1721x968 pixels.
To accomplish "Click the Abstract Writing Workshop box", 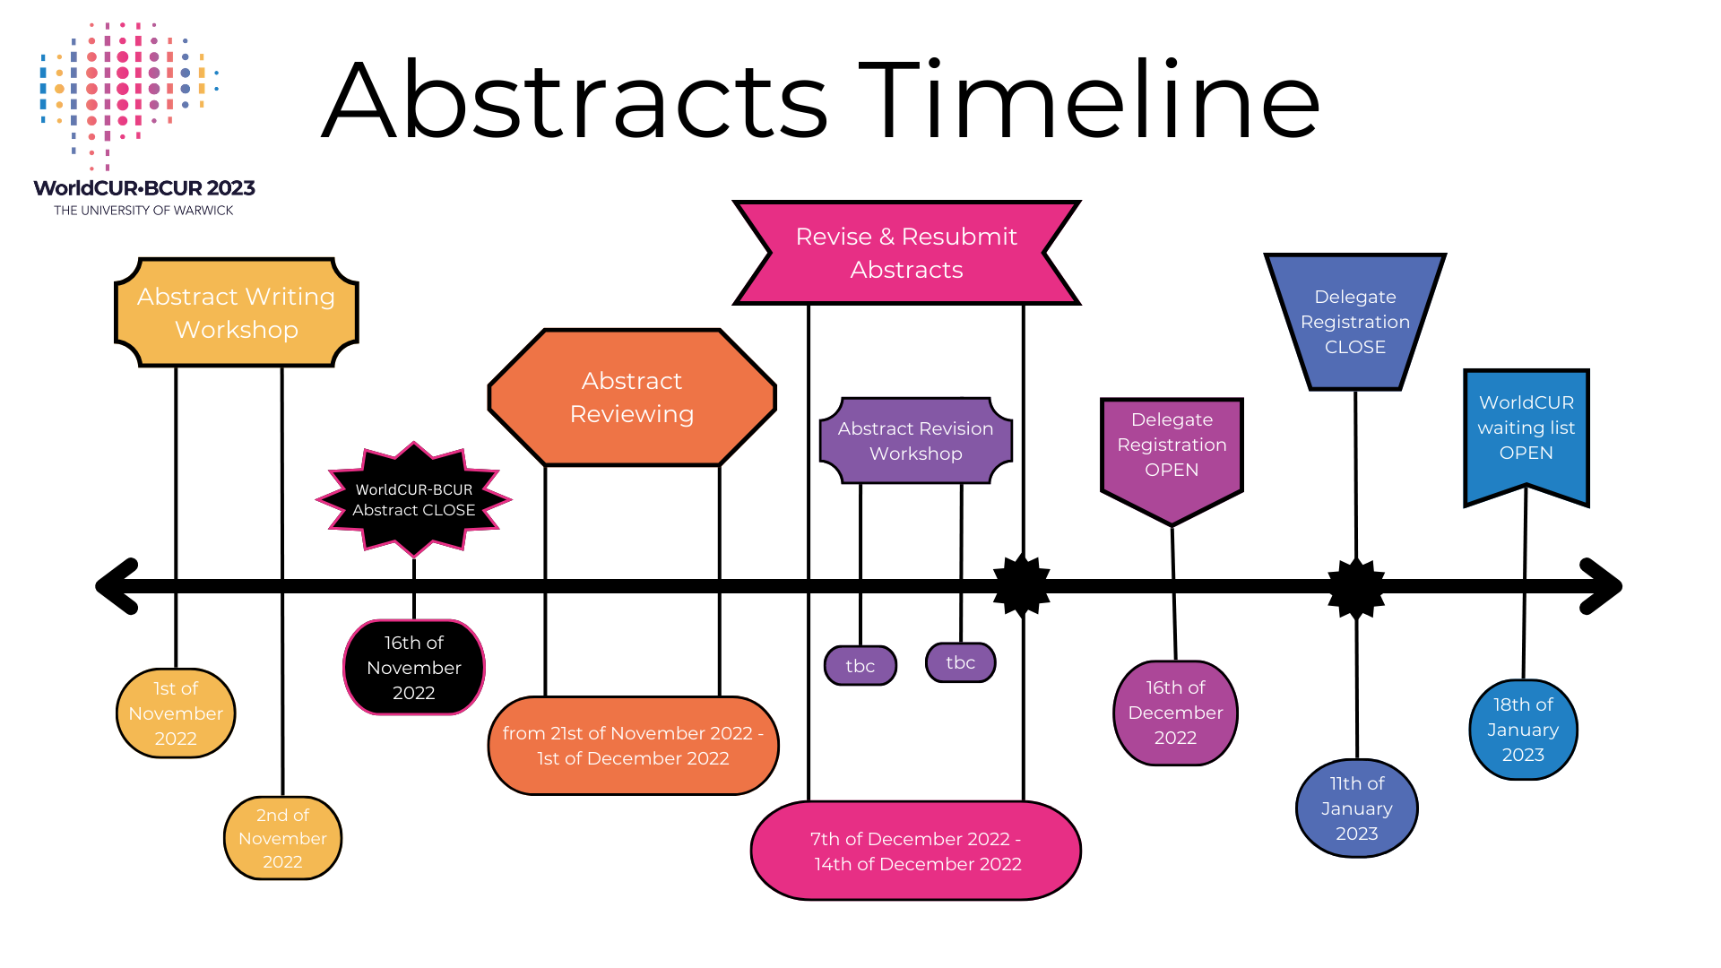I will pyautogui.click(x=237, y=313).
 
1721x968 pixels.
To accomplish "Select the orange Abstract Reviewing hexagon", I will pyautogui.click(x=632, y=397).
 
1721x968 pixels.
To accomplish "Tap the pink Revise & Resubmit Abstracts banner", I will pyautogui.click(x=906, y=253).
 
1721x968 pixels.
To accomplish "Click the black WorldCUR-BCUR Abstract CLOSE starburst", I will pyautogui.click(x=414, y=499).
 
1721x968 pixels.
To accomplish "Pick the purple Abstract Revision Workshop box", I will pyautogui.click(x=915, y=441).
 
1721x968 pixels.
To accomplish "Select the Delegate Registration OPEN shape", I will pyautogui.click(x=1172, y=448).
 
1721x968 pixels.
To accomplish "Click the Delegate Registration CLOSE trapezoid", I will pyautogui.click(x=1354, y=321).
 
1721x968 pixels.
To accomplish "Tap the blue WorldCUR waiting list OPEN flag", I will pyautogui.click(x=1526, y=428).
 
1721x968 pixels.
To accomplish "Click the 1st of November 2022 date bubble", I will pyautogui.click(x=176, y=713).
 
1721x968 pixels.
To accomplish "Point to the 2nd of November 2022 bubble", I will pyautogui.click(x=282, y=838).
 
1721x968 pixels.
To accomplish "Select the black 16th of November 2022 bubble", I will pyautogui.click(x=414, y=668).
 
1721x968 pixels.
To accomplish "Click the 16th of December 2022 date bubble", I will pyautogui.click(x=1175, y=713).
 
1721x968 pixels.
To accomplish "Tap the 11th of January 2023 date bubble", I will pyautogui.click(x=1356, y=808).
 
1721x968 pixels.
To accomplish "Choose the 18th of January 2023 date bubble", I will pyautogui.click(x=1523, y=730).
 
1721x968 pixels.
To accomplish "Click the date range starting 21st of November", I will pyautogui.click(x=633, y=746).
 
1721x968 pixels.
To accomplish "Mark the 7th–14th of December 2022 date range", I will pyautogui.click(x=916, y=851).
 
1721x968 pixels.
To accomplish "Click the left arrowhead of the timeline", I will pyautogui.click(x=117, y=586).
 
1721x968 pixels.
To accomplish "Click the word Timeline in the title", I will pyautogui.click(x=1089, y=100).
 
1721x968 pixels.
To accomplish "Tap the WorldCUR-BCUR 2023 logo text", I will pyautogui.click(x=144, y=188).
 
